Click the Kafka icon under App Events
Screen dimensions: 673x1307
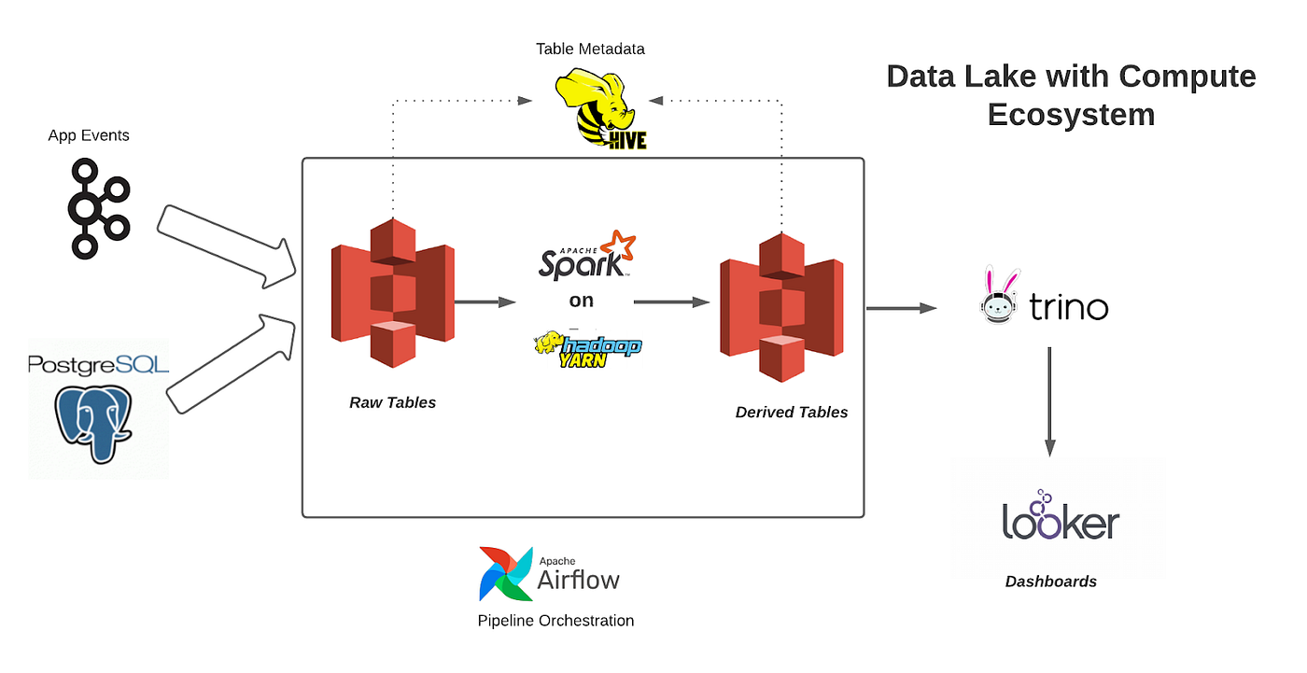tap(97, 209)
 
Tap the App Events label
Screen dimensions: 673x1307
tap(89, 135)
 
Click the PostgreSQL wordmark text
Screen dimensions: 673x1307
tap(98, 363)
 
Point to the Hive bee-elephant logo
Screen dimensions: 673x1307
tap(601, 111)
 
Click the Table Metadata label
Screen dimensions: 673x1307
tap(590, 49)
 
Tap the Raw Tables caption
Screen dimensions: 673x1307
tap(392, 402)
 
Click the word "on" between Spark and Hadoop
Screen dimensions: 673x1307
tap(582, 301)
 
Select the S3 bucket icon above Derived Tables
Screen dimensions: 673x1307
tap(780, 307)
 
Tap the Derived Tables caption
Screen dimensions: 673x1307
tap(792, 412)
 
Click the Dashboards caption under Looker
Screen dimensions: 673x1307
tap(1050, 582)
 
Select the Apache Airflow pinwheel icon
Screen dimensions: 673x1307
tap(506, 573)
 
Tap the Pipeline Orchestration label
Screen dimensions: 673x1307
tap(555, 620)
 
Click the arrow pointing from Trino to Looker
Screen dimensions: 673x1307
tap(1049, 401)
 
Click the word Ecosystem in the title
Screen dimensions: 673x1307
tap(1071, 114)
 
